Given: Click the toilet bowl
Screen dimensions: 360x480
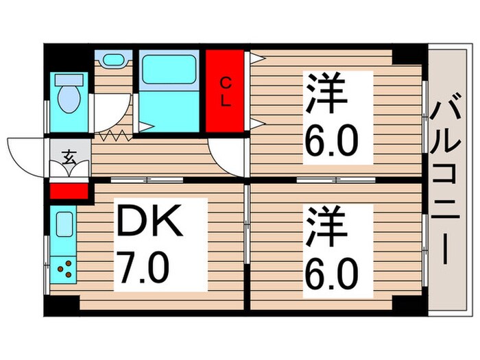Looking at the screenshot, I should (x=68, y=97).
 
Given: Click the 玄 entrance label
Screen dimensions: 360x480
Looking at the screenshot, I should (x=69, y=156).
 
